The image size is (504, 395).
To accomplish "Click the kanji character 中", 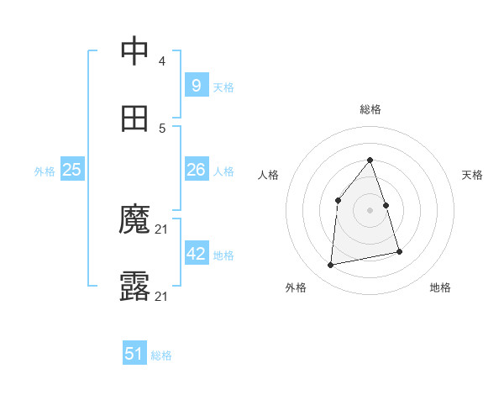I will coord(135,51).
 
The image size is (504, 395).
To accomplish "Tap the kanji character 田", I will coord(135,118).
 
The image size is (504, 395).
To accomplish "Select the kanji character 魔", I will coord(135,221).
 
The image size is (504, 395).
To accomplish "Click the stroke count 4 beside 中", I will coord(161,61).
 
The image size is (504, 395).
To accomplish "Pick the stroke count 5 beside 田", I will coord(161,129).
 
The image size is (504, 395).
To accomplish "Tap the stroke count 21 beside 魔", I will coord(162,229).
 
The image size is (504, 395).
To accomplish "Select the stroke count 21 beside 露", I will coord(162,297).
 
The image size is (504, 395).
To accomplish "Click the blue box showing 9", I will coord(197,85).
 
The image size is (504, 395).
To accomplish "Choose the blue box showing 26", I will coord(197,170).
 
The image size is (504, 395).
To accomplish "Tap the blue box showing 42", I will coord(197,254).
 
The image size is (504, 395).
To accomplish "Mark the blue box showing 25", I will coord(72,170).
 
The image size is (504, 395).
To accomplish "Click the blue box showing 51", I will coord(134,354).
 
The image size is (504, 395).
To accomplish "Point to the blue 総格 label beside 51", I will coord(161,355).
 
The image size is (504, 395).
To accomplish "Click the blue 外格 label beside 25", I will coord(45,171).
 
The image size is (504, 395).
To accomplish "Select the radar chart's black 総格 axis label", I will coord(370,109).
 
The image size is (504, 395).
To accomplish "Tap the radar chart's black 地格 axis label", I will coord(440,287).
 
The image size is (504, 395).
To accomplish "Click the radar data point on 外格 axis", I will coord(331,266).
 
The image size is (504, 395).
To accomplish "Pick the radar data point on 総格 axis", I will coord(370,160).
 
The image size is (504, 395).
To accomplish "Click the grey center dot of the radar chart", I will coord(370,210).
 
